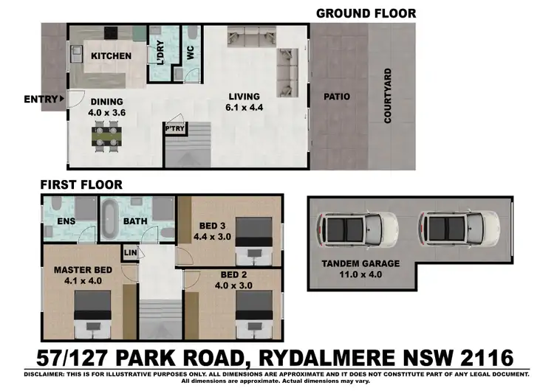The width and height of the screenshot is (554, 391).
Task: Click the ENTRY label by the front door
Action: point(41,100)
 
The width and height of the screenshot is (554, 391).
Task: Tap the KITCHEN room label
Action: point(111,56)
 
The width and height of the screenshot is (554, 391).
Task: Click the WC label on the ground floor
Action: point(188,53)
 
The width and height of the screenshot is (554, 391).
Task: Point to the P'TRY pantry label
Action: point(174,128)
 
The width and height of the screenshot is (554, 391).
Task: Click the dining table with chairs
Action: point(108,138)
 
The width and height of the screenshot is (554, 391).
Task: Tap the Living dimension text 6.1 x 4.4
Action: point(244,108)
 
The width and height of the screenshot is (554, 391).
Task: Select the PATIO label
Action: point(336,97)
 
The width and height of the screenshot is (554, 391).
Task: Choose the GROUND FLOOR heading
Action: point(366,13)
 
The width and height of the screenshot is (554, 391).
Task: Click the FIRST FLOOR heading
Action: point(81,185)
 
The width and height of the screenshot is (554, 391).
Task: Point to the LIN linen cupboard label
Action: point(131,253)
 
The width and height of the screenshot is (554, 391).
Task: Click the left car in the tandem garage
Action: point(358,229)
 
